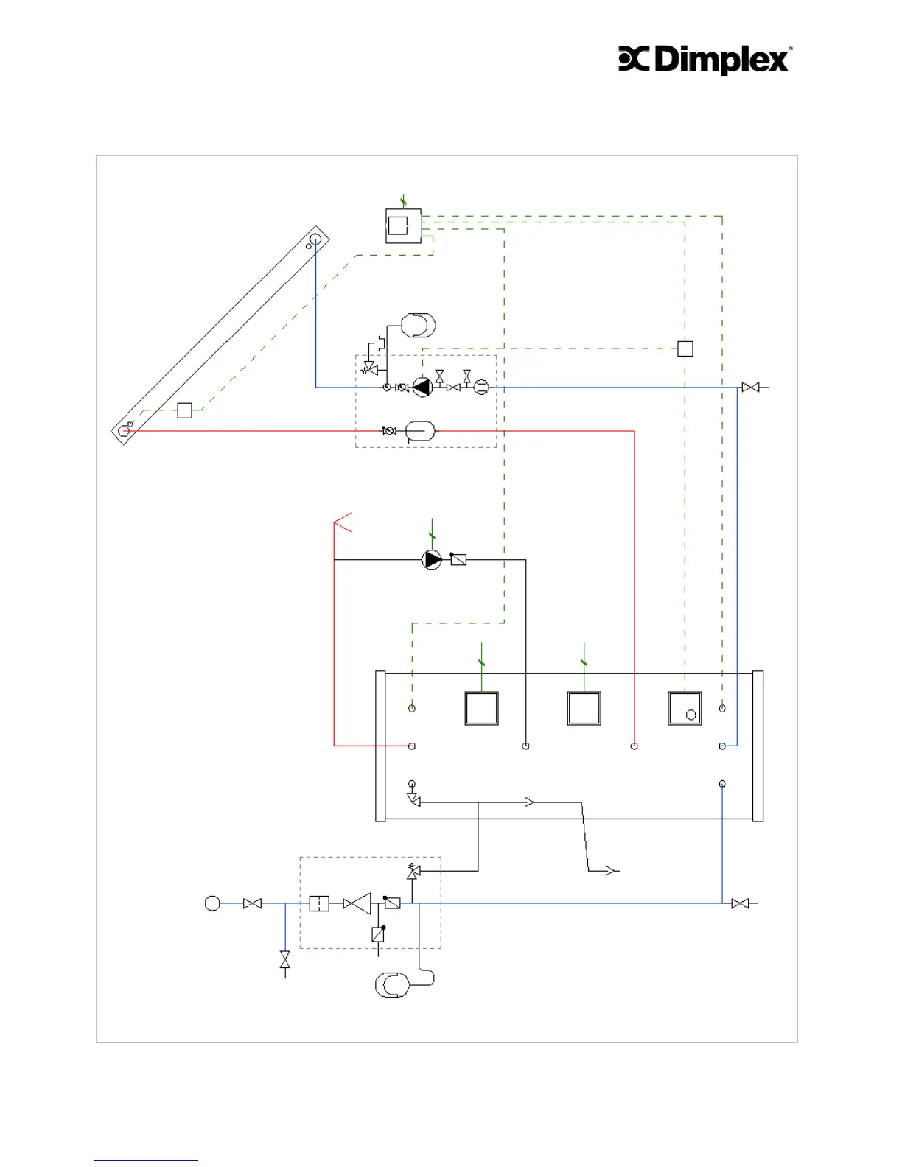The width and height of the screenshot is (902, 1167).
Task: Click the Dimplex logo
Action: (705, 60)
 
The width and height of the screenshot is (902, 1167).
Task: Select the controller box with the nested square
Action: (402, 225)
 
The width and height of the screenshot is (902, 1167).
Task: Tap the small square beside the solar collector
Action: (184, 410)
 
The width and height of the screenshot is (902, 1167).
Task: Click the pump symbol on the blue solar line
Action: (422, 387)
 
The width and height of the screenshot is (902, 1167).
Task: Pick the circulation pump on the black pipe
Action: (432, 560)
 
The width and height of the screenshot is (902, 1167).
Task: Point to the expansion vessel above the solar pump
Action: (419, 325)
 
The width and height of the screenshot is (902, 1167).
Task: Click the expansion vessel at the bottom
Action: (392, 985)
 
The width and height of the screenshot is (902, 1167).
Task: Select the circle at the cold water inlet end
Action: (212, 903)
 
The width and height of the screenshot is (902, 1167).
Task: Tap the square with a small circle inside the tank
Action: (685, 709)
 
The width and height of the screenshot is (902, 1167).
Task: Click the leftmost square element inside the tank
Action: (481, 709)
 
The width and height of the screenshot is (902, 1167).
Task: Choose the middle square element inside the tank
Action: (584, 709)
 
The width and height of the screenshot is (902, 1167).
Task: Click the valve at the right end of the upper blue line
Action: (750, 387)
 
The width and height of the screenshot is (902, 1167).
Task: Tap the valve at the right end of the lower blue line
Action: (740, 903)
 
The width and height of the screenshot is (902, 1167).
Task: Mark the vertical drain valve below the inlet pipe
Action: (285, 959)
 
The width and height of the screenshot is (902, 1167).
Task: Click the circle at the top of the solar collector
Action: (315, 239)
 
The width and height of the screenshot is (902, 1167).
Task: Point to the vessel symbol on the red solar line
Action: (420, 431)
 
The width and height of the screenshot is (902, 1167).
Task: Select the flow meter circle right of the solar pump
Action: (480, 387)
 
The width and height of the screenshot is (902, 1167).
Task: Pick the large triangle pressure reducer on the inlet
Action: (358, 903)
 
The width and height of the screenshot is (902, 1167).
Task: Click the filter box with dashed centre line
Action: (319, 903)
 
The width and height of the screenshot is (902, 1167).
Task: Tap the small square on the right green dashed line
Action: (685, 348)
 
